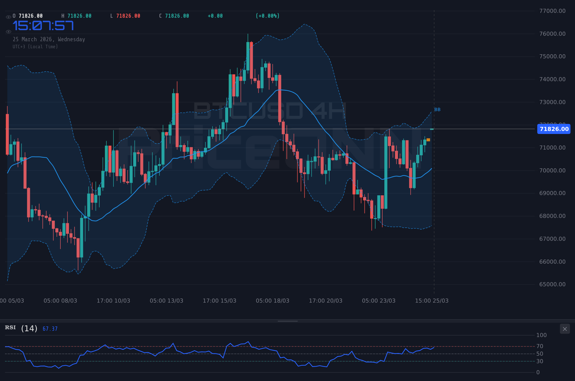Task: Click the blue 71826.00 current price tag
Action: (554, 129)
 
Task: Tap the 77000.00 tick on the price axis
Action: (552, 11)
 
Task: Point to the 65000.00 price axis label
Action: (552, 284)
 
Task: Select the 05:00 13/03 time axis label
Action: (166, 301)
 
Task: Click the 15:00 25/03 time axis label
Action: (432, 301)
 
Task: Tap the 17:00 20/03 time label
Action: (325, 301)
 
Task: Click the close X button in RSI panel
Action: (565, 329)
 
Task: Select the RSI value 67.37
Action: (50, 329)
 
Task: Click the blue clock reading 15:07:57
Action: (43, 26)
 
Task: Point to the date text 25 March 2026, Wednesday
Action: (49, 39)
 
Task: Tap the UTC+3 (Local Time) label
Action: (35, 47)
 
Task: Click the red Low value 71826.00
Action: (128, 16)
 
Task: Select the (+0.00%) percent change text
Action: (267, 16)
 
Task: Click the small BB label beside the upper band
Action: (437, 110)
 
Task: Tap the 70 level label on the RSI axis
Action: (540, 346)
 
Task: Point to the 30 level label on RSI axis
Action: (540, 361)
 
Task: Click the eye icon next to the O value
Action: (8, 17)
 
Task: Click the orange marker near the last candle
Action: (428, 140)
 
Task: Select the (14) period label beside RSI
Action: (29, 328)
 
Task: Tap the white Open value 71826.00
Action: (31, 16)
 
